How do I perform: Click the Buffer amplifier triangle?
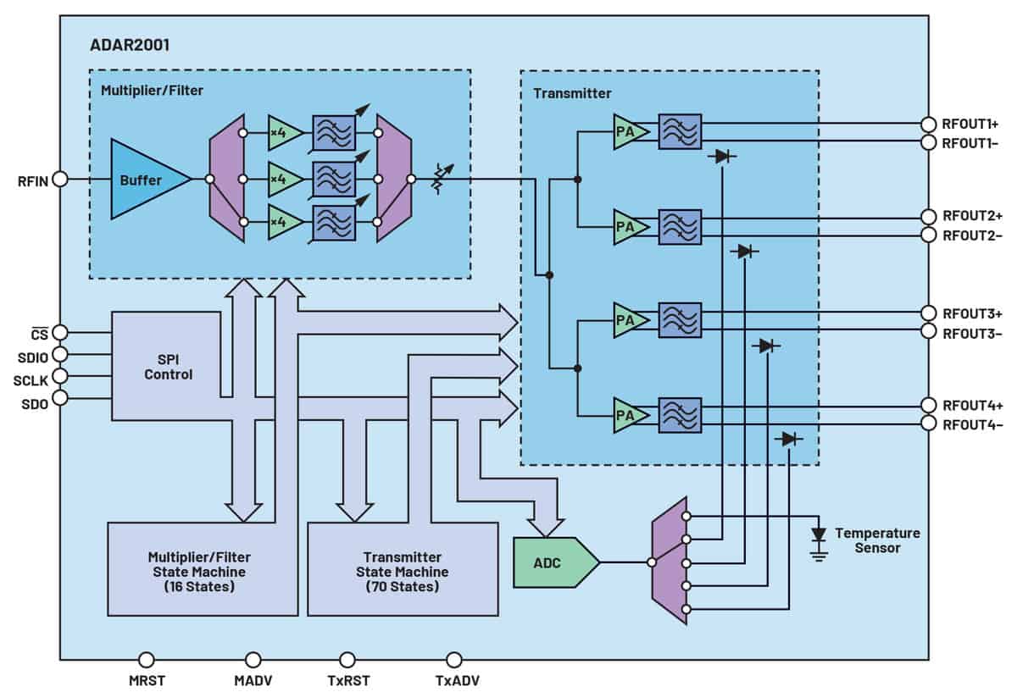[x=145, y=180]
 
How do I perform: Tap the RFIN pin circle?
[x=60, y=180]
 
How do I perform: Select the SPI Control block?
[x=167, y=366]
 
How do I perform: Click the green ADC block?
[x=556, y=562]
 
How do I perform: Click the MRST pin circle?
[x=146, y=659]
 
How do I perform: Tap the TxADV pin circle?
[x=454, y=659]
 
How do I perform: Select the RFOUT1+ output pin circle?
[x=929, y=124]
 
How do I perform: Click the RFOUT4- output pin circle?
[x=929, y=424]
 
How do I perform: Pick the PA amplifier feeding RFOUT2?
[x=631, y=227]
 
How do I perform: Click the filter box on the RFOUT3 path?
[x=680, y=320]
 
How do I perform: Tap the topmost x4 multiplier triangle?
[x=285, y=133]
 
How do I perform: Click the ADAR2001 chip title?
[x=130, y=45]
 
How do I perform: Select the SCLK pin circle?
[x=60, y=376]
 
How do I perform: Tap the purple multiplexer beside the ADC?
[x=670, y=561]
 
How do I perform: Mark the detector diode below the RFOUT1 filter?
[x=722, y=157]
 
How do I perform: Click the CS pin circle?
[x=60, y=333]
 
